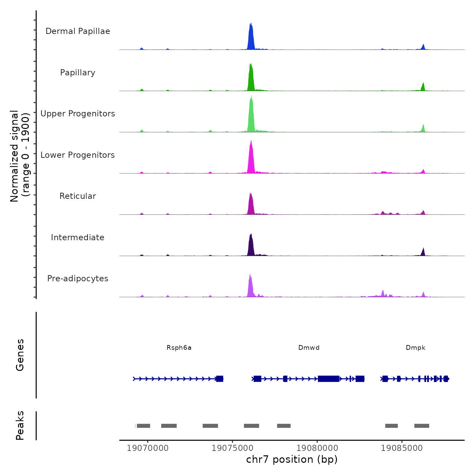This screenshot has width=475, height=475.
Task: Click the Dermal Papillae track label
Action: (x=78, y=31)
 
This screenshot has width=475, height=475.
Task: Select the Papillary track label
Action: (x=78, y=73)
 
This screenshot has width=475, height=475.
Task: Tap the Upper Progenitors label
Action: (x=78, y=114)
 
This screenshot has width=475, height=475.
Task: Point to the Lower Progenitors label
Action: (x=78, y=155)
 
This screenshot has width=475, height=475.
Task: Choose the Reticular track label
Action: (x=78, y=196)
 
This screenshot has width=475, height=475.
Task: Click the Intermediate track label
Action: (x=78, y=237)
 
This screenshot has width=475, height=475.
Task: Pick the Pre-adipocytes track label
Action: (x=78, y=279)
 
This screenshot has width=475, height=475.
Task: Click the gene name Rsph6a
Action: (x=179, y=348)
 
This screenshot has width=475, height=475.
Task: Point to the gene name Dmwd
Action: (x=309, y=348)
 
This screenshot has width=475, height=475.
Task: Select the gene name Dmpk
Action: (x=415, y=348)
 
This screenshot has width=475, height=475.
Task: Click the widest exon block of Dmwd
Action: (x=328, y=379)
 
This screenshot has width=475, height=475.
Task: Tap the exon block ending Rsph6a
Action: (x=220, y=379)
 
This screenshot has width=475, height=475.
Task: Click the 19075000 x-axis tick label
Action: (x=233, y=448)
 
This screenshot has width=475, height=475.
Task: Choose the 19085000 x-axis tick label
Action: (x=402, y=448)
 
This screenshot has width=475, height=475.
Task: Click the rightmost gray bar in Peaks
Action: (x=421, y=426)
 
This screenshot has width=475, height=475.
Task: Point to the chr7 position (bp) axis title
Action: (x=292, y=459)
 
